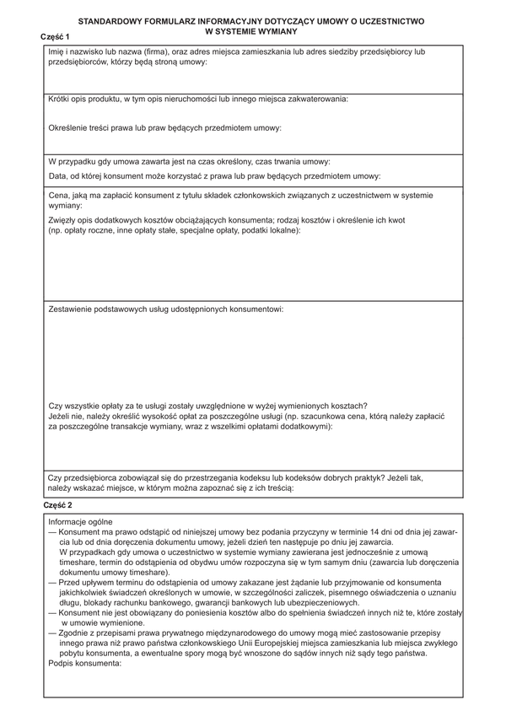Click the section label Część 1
coord(56,38)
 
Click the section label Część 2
coord(58,504)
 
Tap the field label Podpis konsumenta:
coord(85,663)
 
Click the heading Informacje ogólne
coord(80,522)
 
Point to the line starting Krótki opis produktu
coord(197,100)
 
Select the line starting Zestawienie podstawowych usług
coord(165,310)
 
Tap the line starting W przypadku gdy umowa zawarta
coord(189,161)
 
